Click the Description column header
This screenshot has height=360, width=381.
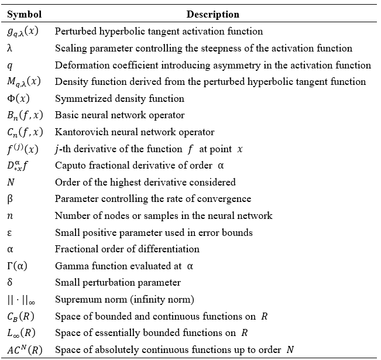click(213, 14)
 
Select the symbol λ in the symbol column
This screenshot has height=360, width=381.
click(10, 48)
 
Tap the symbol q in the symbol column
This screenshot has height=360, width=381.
click(10, 65)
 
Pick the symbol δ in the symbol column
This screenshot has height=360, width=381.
click(10, 283)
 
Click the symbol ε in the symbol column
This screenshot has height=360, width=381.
click(10, 233)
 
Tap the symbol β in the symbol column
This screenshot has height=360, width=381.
click(10, 199)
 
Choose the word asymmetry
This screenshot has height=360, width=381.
click(246, 65)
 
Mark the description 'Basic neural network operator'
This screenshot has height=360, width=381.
click(119, 115)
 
